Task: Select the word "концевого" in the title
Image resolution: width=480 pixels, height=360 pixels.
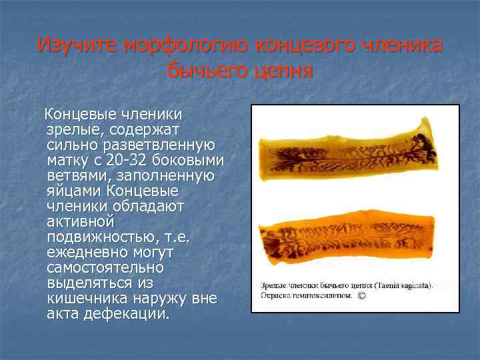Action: coord(304,45)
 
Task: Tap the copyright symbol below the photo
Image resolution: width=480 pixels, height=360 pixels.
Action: coord(361,295)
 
